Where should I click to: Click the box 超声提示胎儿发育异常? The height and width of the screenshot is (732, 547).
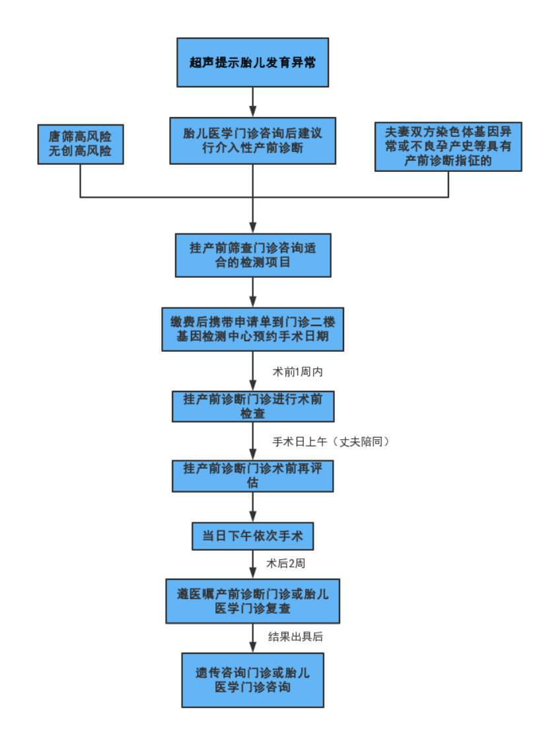(x=252, y=63)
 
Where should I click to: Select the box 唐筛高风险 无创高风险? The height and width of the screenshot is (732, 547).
(x=80, y=144)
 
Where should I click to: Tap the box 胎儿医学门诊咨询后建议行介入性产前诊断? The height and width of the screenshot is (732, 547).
(x=252, y=140)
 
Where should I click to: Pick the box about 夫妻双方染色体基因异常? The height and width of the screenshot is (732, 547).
(x=448, y=146)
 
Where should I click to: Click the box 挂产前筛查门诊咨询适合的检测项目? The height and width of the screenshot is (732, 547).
(x=252, y=255)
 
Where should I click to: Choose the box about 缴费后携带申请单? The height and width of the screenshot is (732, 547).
(x=252, y=329)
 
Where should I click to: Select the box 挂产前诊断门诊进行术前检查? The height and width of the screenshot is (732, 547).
(x=252, y=406)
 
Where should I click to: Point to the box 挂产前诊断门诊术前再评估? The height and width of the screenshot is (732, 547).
(x=252, y=476)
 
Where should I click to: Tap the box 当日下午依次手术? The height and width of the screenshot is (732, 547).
(x=252, y=536)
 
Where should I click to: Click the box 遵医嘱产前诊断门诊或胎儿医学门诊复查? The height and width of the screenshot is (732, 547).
(x=252, y=601)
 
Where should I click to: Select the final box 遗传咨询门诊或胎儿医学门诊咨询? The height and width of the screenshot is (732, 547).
(x=252, y=680)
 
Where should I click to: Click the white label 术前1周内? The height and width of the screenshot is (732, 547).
(x=298, y=372)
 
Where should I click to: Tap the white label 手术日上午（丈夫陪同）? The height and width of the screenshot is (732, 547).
(x=333, y=442)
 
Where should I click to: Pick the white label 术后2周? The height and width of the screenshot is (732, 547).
(x=285, y=563)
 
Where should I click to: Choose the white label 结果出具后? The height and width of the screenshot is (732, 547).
(x=295, y=637)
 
